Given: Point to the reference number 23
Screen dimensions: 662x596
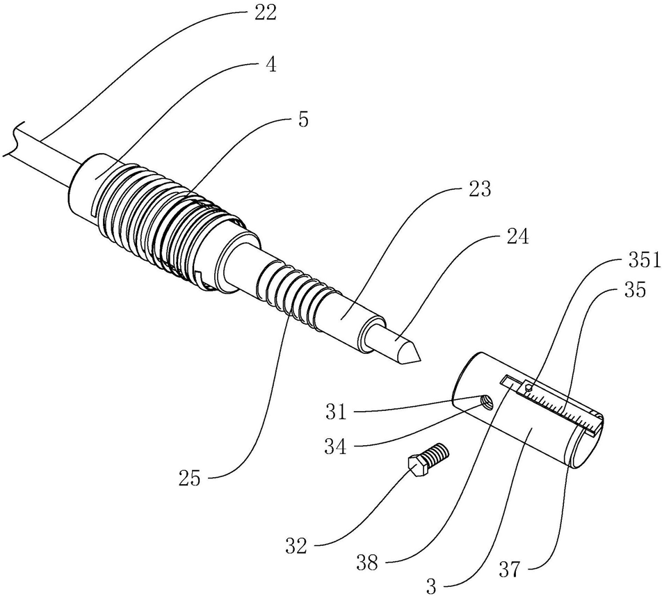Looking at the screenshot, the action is tap(480, 189).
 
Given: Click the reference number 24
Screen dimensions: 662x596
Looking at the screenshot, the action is tap(517, 237).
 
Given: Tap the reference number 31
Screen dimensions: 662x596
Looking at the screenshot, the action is tap(336, 412).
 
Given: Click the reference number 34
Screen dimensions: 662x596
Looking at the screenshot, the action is tap(336, 446).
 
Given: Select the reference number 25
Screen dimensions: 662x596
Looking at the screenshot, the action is tap(190, 478).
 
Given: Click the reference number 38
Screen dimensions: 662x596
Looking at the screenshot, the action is tap(366, 563).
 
